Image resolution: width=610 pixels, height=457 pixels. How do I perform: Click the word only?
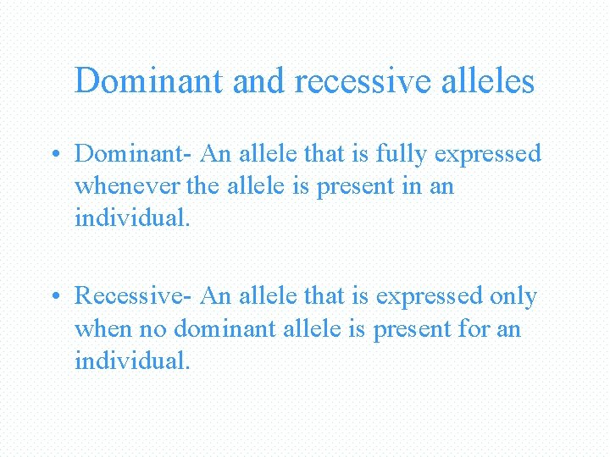[513, 296]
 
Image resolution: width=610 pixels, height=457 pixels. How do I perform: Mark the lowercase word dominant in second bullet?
[225, 328]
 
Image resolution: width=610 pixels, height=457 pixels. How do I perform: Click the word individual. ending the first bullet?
[133, 217]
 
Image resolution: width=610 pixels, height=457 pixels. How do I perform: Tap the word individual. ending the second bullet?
[133, 360]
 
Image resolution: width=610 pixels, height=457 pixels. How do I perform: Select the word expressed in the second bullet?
[430, 296]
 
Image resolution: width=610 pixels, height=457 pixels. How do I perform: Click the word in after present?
[410, 185]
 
